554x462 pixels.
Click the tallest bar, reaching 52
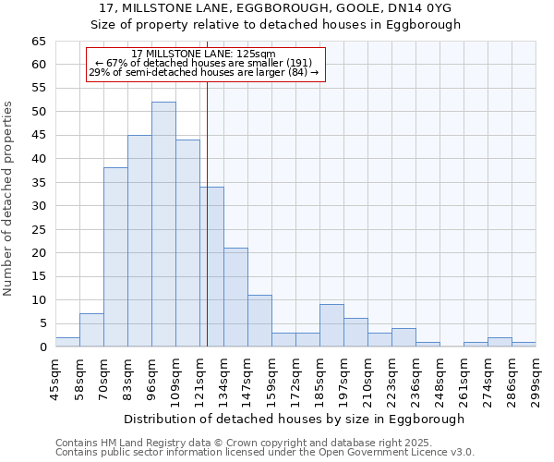pos(163,225)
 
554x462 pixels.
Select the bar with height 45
pos(139,241)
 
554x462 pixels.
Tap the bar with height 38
pos(115,258)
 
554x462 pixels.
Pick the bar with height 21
pos(235,298)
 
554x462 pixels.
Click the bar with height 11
pos(259,322)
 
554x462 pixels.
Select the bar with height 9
pos(331,326)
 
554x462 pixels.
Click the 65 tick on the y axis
pos(38,42)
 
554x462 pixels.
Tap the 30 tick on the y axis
pos(38,206)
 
